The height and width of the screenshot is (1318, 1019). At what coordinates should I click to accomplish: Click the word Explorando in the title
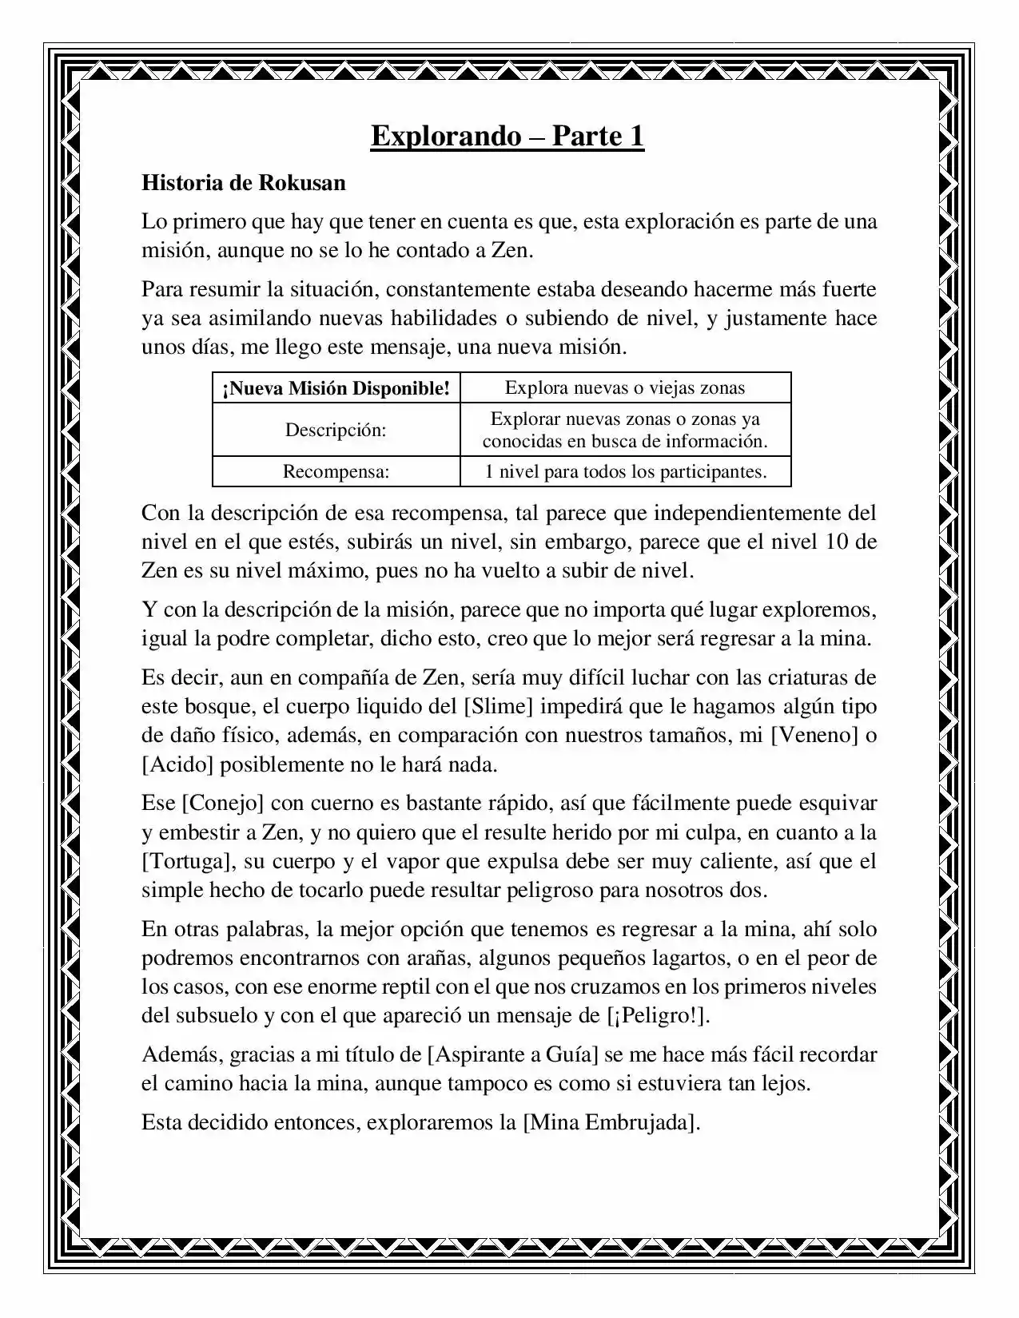click(445, 137)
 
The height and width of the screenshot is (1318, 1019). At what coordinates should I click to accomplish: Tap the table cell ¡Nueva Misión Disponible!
click(336, 388)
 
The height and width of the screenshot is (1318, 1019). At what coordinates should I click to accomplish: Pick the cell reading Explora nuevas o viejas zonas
click(625, 388)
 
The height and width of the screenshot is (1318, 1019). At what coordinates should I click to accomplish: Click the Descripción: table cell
click(336, 430)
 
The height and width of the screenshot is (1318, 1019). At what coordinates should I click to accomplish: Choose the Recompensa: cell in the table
click(336, 471)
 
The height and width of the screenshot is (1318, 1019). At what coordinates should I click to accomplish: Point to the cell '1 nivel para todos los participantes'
click(625, 471)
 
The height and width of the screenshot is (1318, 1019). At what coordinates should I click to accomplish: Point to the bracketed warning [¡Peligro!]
click(659, 1016)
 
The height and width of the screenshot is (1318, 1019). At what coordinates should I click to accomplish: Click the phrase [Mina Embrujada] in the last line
click(611, 1122)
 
